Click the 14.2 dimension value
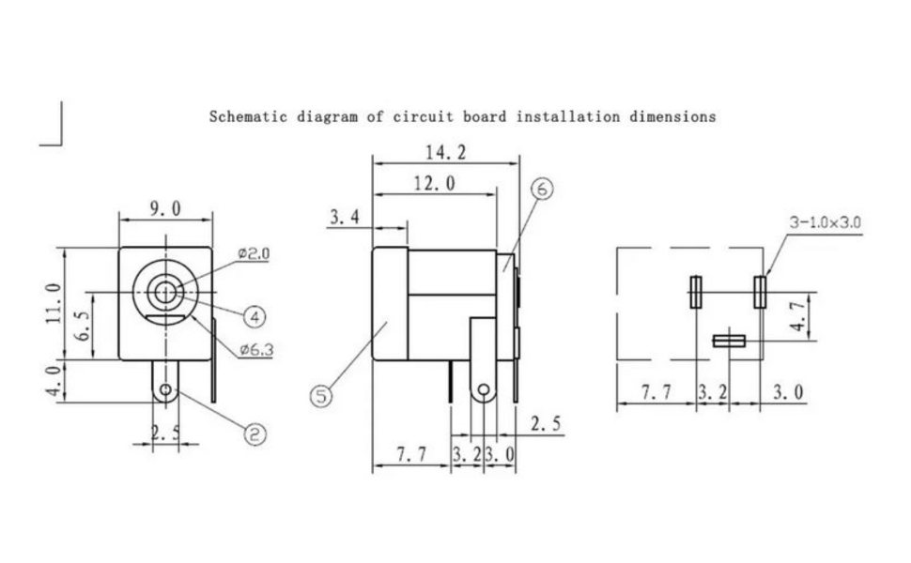(445, 153)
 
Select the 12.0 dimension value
(435, 184)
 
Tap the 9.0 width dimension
(165, 208)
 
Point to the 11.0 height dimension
(54, 304)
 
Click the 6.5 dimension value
(84, 326)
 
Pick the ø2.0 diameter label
(254, 253)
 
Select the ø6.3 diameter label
(256, 350)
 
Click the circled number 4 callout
(255, 317)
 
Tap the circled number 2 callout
(255, 434)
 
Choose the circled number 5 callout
(321, 396)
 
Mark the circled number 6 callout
(542, 189)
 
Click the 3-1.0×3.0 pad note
(825, 222)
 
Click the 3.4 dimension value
(345, 217)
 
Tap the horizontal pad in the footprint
(729, 341)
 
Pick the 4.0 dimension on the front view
(54, 382)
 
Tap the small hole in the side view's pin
(484, 389)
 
